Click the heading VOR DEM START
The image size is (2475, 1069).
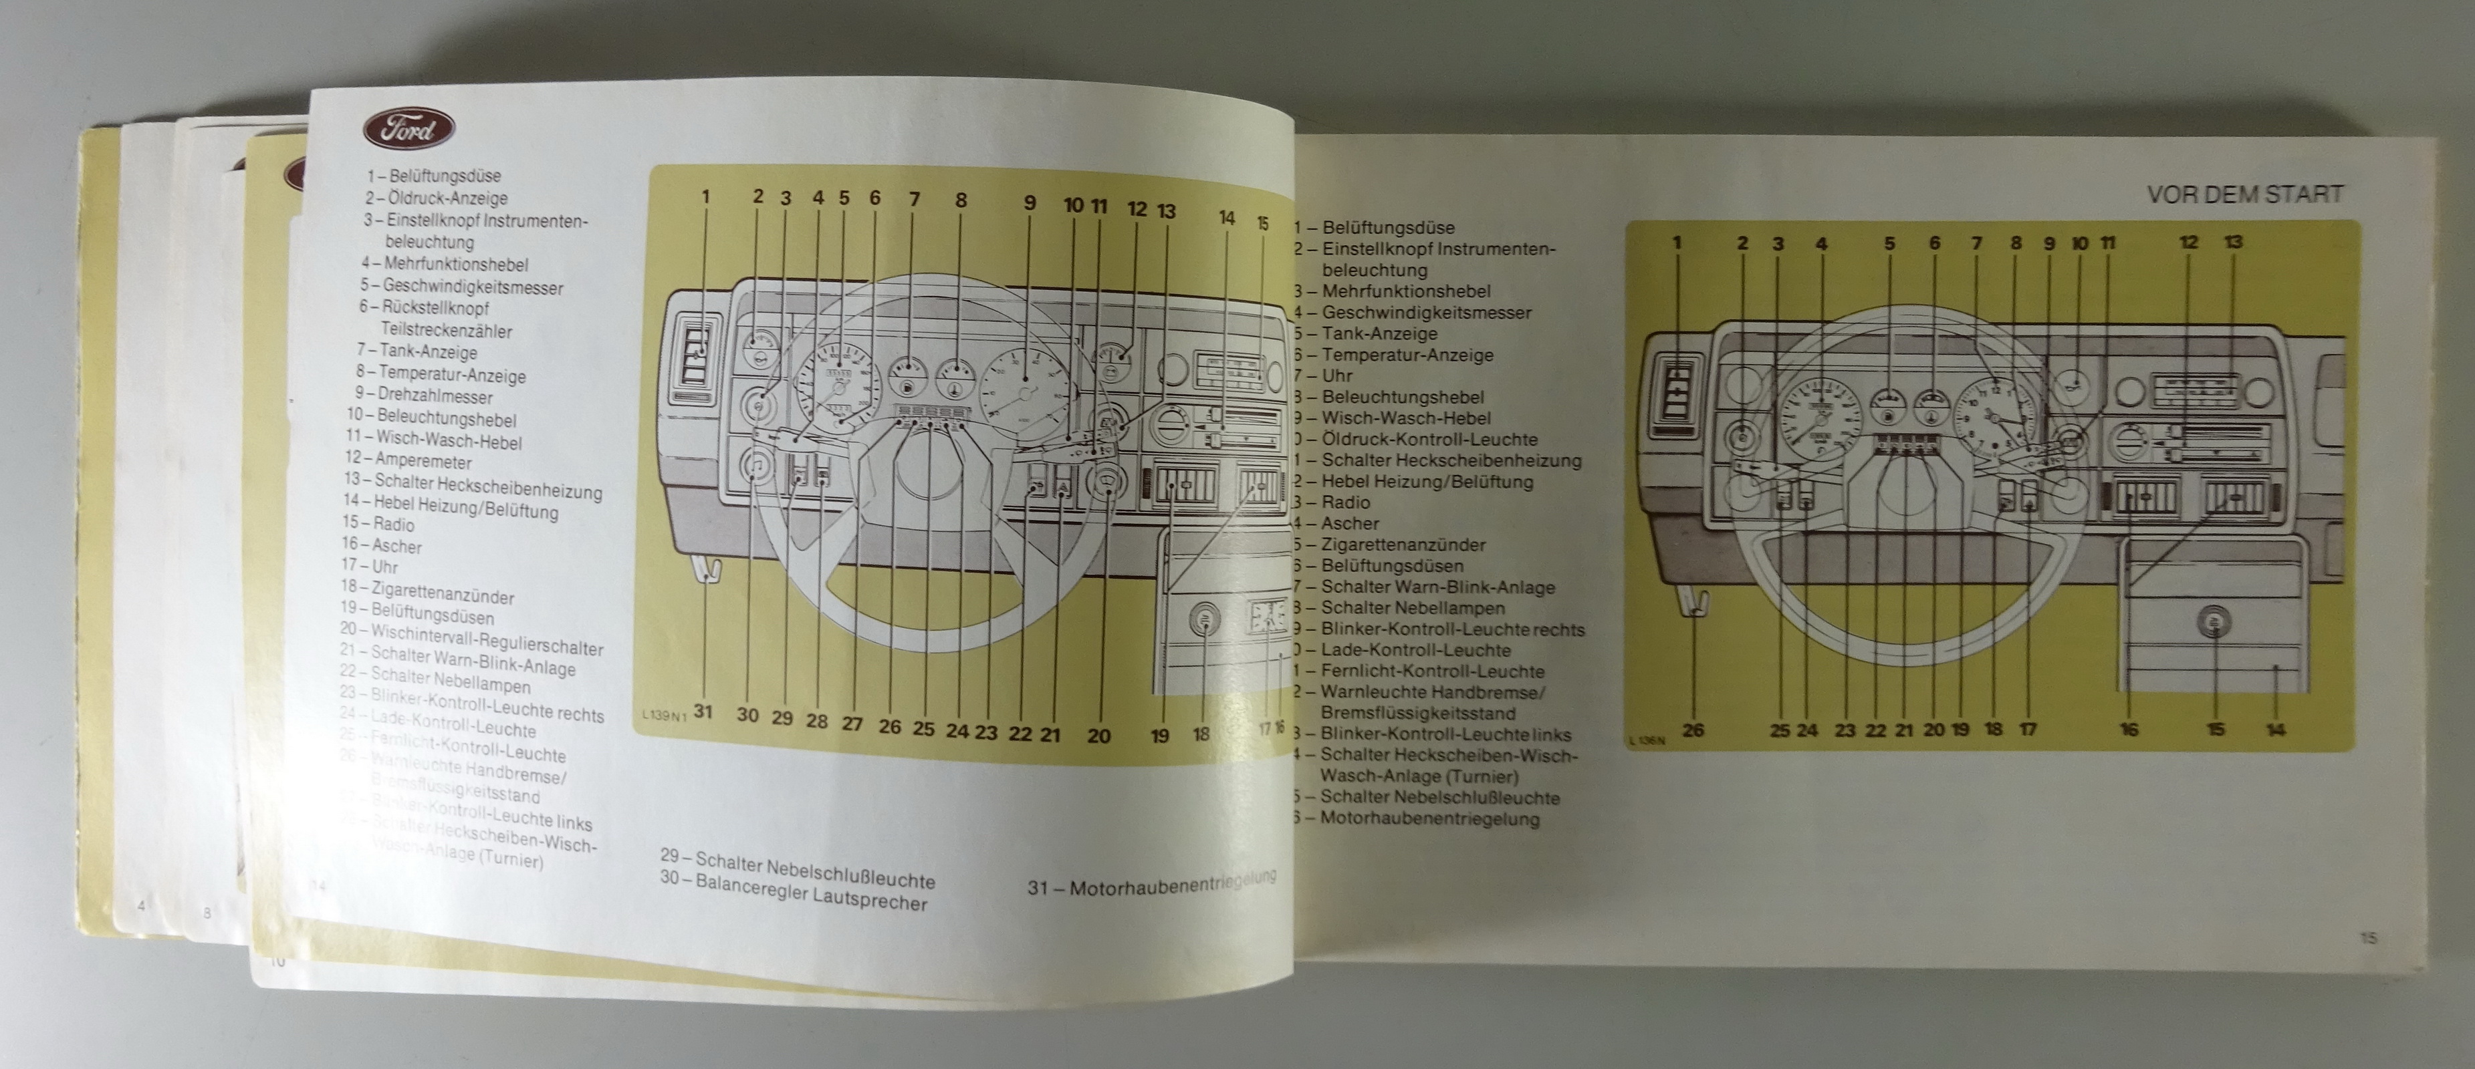click(2244, 194)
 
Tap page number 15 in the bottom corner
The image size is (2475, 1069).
click(2368, 937)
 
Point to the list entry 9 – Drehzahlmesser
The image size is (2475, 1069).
click(423, 396)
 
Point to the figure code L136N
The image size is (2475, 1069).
click(1647, 740)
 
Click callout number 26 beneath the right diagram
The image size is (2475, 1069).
click(1693, 730)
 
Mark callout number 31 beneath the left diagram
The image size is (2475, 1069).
click(703, 712)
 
